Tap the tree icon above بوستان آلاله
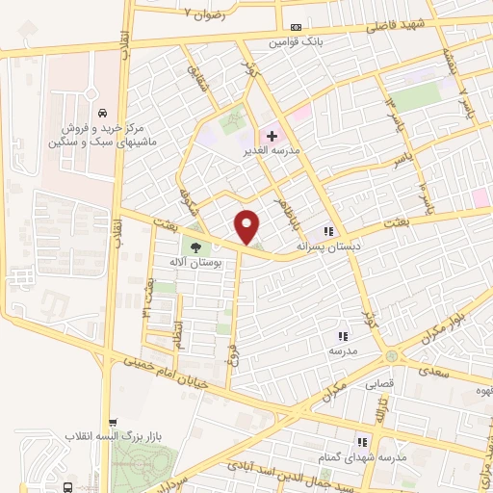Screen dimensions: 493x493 196,248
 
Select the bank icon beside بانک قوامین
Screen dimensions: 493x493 295,27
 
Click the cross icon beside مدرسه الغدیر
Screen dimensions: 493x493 272,137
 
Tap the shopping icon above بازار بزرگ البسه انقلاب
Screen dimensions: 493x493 114,423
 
